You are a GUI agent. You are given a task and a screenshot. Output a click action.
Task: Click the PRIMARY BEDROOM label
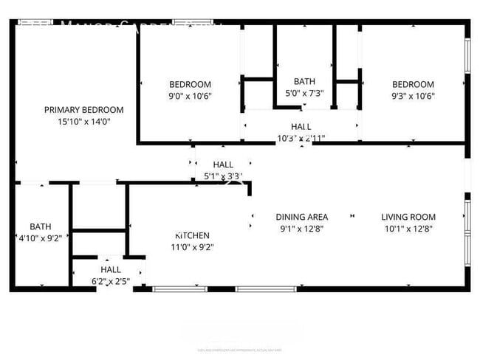pyautogui.click(x=83, y=110)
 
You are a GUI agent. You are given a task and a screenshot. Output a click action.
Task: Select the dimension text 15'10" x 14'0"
pyautogui.click(x=83, y=121)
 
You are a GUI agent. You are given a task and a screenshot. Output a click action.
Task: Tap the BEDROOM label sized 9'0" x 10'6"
pyautogui.click(x=190, y=84)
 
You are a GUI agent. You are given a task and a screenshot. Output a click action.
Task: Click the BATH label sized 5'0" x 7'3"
pyautogui.click(x=304, y=82)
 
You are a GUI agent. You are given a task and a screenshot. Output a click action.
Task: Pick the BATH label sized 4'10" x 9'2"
pyautogui.click(x=41, y=226)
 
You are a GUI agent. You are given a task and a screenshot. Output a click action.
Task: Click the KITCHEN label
pyautogui.click(x=192, y=235)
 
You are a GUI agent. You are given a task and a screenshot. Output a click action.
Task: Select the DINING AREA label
pyautogui.click(x=301, y=217)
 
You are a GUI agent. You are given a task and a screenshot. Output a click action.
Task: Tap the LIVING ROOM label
pyautogui.click(x=408, y=217)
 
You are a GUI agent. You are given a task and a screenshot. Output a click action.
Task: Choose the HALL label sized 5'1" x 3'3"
pyautogui.click(x=223, y=165)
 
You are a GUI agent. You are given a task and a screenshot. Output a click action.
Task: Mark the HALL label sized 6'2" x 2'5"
pyautogui.click(x=111, y=270)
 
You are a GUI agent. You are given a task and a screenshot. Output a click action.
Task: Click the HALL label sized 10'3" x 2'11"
pyautogui.click(x=301, y=127)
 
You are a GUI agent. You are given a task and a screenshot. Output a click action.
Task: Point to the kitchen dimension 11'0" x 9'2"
pyautogui.click(x=192, y=247)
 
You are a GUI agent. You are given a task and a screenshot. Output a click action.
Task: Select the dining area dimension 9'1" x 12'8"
pyautogui.click(x=301, y=229)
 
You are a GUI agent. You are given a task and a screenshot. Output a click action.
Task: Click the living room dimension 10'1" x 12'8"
pyautogui.click(x=408, y=229)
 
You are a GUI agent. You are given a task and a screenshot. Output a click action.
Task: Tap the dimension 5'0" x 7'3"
pyautogui.click(x=304, y=94)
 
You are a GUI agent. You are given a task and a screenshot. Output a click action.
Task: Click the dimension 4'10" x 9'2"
pyautogui.click(x=41, y=238)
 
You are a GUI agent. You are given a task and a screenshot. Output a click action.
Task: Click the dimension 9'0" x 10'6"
pyautogui.click(x=190, y=96)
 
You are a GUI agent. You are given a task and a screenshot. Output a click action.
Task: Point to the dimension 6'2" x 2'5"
pyautogui.click(x=111, y=282)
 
